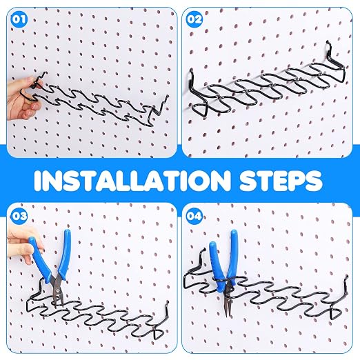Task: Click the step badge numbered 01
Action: pos(19,19)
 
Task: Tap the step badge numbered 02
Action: pos(194,19)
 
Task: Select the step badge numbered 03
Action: pos(19,216)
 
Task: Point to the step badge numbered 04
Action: pos(194,216)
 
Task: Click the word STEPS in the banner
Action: pos(281,181)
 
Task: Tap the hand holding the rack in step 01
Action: pos(22,99)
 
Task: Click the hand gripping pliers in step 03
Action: pos(24,247)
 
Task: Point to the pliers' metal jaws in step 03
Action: pos(57,292)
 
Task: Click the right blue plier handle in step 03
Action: pos(64,253)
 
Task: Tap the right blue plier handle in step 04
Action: pos(232,254)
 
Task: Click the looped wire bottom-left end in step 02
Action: pos(199,110)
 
